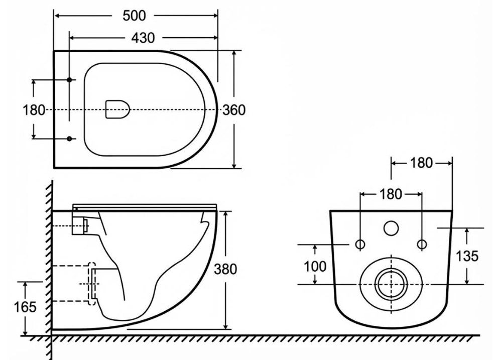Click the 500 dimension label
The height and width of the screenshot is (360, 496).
(x=135, y=16)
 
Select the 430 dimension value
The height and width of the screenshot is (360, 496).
(x=143, y=38)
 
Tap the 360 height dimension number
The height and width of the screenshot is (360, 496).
(x=234, y=110)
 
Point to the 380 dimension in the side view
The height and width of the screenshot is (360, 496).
(x=225, y=269)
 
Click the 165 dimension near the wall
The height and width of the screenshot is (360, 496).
(x=25, y=307)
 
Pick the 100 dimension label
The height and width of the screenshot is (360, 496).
(x=315, y=267)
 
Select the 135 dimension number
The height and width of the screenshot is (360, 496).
(x=467, y=256)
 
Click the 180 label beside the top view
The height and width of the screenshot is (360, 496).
(x=34, y=110)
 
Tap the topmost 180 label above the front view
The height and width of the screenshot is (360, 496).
(x=421, y=163)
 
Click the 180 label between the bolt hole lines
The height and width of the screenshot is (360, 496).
(x=391, y=194)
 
